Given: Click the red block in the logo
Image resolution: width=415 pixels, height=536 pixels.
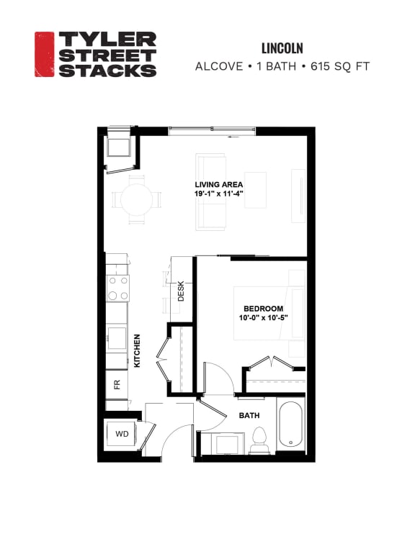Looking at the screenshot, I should [44, 54].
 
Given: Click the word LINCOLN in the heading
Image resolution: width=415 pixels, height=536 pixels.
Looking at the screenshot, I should [282, 48].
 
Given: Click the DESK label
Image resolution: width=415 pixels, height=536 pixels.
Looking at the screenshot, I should [181, 291].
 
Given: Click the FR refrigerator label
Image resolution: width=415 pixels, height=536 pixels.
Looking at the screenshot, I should [117, 383].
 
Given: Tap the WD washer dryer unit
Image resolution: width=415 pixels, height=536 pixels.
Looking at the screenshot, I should [121, 435].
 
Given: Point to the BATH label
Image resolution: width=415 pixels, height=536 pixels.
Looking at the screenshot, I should [249, 415].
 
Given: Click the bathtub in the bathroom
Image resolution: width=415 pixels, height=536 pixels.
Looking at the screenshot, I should [290, 425].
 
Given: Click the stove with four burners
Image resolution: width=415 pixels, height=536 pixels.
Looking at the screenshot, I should [118, 289].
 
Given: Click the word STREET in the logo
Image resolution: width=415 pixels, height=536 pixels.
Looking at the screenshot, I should [107, 55].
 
